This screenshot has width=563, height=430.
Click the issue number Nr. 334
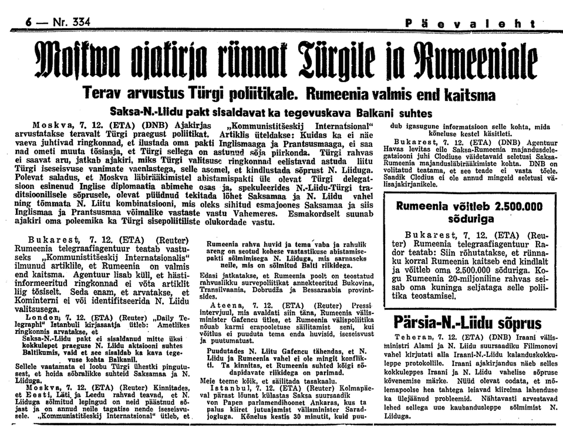coord(71,22)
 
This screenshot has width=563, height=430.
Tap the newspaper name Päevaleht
coord(470,24)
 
